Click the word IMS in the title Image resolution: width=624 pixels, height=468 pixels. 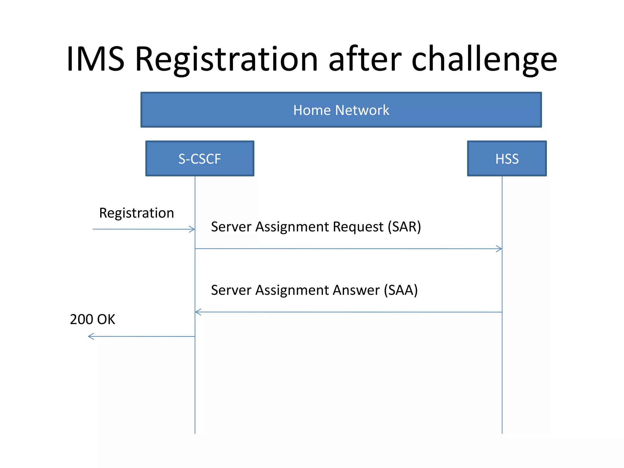pos(95,58)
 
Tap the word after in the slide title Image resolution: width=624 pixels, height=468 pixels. pos(365,58)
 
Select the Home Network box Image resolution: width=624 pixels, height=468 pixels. pos(341,110)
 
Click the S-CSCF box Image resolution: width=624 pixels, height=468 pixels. pos(200,158)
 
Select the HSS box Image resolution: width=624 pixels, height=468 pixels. pos(507,158)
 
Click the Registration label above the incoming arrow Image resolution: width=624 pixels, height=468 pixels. pos(136,213)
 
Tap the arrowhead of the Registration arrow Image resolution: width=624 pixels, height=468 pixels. pos(193,229)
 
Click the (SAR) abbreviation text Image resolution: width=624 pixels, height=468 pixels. pos(404,227)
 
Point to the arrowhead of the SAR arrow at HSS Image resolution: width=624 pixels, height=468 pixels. pos(500,249)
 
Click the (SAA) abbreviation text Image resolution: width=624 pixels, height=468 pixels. pos(401,290)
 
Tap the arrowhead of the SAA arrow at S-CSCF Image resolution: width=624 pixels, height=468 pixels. pos(198,312)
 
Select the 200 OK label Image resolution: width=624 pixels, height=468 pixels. pos(92,319)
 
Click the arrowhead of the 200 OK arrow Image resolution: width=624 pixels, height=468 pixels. pos(90,336)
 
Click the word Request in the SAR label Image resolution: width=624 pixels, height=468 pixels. pos(358,227)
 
